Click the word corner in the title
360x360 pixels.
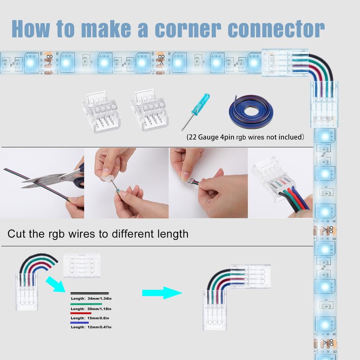click(x=188, y=29)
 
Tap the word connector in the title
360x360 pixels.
click(x=276, y=29)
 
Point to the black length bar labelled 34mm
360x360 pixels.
click(x=90, y=293)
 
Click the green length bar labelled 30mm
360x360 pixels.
click(x=86, y=304)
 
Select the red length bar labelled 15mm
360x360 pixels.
click(x=81, y=313)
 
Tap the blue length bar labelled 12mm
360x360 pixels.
click(x=80, y=323)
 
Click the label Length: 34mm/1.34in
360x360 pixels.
click(x=91, y=298)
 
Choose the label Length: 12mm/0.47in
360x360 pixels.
click(x=91, y=327)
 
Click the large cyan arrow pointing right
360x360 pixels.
click(x=162, y=293)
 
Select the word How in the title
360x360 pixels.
click(x=31, y=29)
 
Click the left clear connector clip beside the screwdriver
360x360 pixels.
click(x=101, y=111)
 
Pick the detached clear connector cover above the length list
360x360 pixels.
click(x=82, y=265)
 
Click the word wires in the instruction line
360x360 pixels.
click(x=81, y=234)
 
